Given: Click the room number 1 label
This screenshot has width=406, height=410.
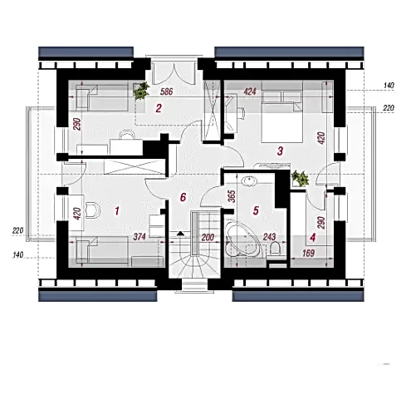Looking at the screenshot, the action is [x=117, y=211].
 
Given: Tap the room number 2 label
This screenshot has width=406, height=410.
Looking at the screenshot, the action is [x=159, y=108].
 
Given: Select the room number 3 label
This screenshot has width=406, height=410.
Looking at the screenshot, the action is [x=280, y=151].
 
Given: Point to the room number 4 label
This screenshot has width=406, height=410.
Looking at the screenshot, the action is [x=313, y=238].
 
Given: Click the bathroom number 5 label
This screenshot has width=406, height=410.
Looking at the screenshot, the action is [x=256, y=210].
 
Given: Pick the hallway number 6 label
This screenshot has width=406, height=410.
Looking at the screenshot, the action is [x=183, y=197].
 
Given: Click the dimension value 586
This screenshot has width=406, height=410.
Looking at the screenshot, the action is [x=167, y=91].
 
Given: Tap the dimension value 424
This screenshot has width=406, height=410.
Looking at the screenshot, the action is [x=250, y=91].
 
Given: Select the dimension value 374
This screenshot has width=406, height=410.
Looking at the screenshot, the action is [x=139, y=237].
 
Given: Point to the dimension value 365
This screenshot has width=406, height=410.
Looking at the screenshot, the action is [x=232, y=195].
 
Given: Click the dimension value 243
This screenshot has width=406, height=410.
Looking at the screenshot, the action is [x=270, y=237].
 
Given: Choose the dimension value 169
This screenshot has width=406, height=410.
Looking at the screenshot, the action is [x=308, y=253].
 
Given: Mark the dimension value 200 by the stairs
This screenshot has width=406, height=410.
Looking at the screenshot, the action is [x=208, y=237].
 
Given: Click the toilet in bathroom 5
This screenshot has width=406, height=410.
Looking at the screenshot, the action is [x=276, y=249].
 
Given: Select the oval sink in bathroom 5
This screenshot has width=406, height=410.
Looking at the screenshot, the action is [x=249, y=181].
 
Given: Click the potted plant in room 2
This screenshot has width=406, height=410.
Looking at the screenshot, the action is [x=141, y=91].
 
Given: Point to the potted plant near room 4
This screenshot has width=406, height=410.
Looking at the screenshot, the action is [x=301, y=178].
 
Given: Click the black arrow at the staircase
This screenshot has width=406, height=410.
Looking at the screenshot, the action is [x=180, y=234].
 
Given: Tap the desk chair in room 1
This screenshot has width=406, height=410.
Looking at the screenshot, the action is [x=92, y=210].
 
